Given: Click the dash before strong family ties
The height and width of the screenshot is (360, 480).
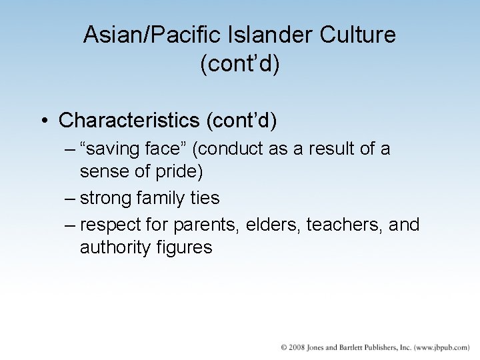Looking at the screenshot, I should point(71,198).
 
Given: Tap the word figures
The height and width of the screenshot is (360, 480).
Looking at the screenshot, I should point(186,247).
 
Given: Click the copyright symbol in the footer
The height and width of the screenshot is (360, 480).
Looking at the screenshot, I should point(284,347).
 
